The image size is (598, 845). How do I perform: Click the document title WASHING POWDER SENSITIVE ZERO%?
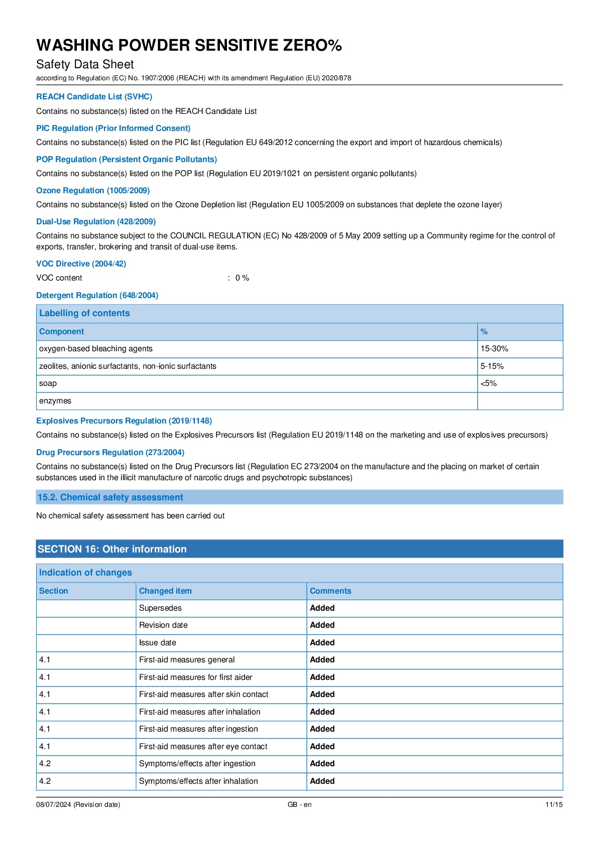tap(189, 45)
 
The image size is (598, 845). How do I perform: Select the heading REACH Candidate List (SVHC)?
tap(94, 96)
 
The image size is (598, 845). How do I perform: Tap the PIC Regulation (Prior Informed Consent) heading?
tap(113, 128)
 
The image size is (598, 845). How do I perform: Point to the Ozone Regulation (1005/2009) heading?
tap(93, 190)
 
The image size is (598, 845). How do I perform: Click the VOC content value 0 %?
tap(242, 278)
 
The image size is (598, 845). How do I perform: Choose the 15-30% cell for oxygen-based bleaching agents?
tap(494, 349)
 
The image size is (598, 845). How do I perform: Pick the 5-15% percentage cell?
tap(492, 366)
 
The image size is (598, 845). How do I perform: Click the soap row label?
tap(48, 383)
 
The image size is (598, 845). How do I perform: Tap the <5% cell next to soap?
tap(489, 383)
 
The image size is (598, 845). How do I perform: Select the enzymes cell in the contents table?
tap(55, 401)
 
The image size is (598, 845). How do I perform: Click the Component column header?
tap(61, 332)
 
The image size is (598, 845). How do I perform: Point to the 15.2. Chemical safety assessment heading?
tap(110, 497)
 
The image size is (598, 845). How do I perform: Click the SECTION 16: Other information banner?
tap(112, 549)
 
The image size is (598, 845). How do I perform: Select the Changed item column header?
tap(165, 591)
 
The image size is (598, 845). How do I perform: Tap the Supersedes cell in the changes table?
tap(160, 608)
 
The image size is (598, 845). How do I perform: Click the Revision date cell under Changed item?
tap(163, 625)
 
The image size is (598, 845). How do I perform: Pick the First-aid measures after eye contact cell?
tap(203, 747)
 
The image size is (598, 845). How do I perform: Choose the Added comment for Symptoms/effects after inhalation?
tap(322, 781)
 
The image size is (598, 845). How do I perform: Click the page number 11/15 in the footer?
tap(554, 804)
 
